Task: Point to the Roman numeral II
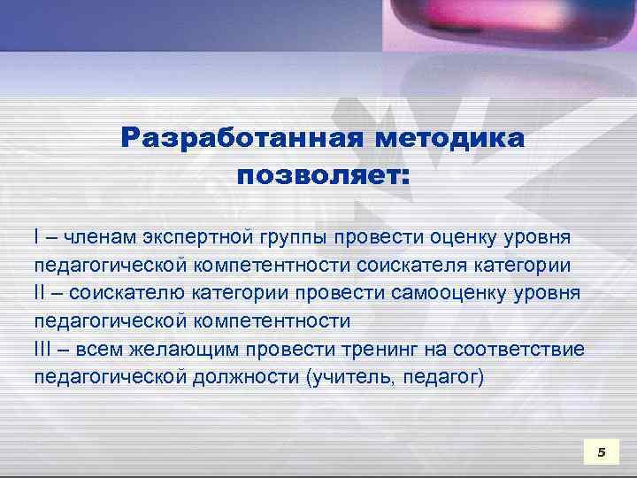[39, 292]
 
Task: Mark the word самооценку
[439, 293]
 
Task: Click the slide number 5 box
[602, 452]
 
